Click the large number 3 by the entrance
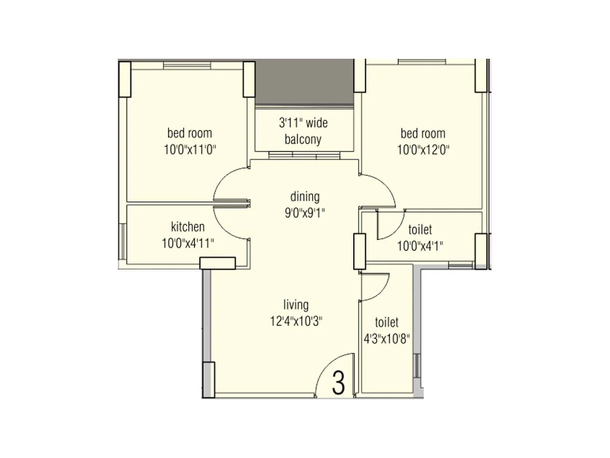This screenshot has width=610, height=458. [338, 383]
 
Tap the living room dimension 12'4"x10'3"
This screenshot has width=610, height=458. [296, 321]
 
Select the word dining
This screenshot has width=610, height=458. [305, 197]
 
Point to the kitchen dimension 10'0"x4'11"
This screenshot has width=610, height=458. [188, 243]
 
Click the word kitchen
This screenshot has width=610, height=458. [188, 227]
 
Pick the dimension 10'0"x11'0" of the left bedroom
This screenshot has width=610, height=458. [190, 149]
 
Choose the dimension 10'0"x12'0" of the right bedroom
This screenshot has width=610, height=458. [423, 150]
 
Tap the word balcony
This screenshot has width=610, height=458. [303, 139]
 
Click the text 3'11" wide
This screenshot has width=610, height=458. [303, 123]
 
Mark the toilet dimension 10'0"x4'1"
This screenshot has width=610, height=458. [420, 246]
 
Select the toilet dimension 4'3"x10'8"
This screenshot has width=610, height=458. [387, 339]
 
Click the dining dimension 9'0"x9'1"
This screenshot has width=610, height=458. [305, 213]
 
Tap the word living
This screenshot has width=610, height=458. [296, 305]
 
